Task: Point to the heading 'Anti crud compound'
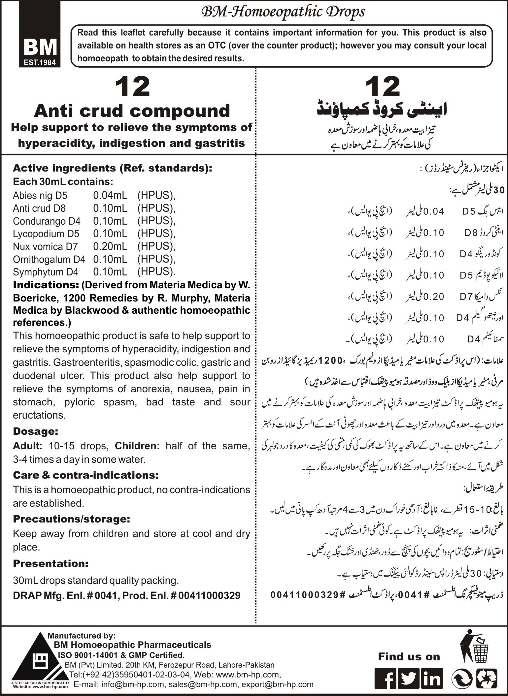132,111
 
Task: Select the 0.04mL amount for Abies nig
110,196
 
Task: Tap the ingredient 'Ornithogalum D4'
49,259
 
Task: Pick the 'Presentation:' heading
51,564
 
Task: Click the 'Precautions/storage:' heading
71,519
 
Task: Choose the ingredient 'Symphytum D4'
46,272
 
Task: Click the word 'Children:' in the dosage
137,446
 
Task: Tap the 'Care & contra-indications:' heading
85,475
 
